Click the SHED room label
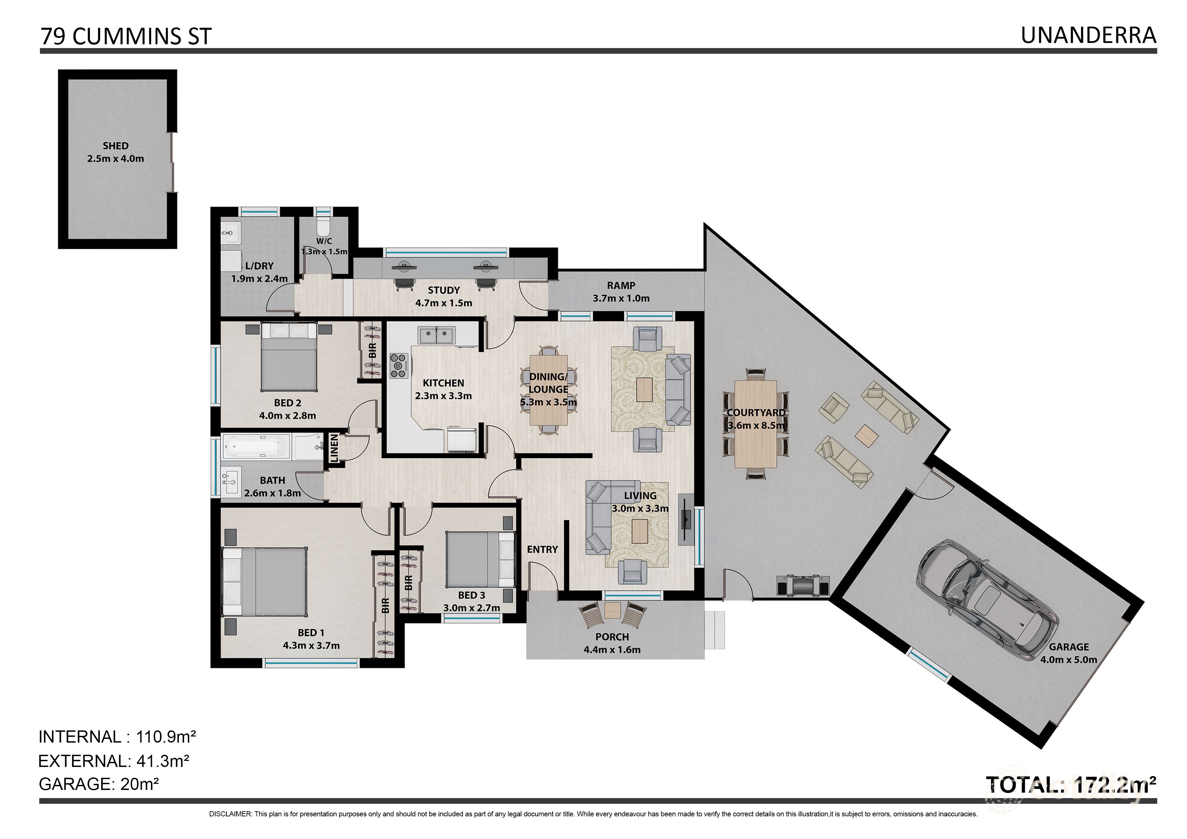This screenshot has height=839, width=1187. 115,146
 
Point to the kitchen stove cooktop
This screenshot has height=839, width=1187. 399,365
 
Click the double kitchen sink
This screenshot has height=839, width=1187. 437,336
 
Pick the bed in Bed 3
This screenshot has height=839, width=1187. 480,559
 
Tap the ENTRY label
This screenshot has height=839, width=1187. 542,549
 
